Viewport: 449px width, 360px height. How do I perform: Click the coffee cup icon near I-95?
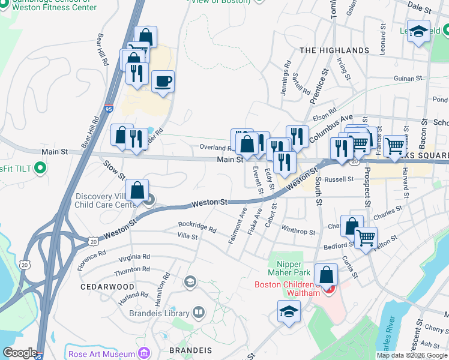163,81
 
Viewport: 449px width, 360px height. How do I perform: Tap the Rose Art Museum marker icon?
142,354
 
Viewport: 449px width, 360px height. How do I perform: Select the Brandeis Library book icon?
199,313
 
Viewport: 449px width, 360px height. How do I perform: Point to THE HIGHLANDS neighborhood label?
334,50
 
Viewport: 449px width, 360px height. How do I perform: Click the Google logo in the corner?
20,353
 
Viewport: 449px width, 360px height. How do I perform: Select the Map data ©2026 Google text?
412,355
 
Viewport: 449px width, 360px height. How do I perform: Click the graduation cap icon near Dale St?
418,32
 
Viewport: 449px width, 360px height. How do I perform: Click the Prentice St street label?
321,86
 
